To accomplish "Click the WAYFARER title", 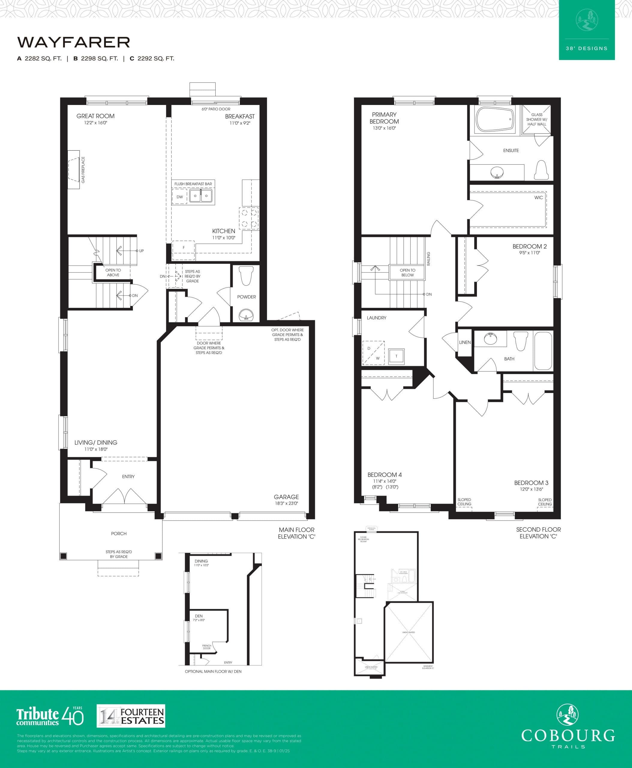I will click(73, 42).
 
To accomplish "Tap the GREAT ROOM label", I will click(95, 116).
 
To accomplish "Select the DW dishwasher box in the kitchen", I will click(179, 196).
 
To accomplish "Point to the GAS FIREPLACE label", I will click(83, 170).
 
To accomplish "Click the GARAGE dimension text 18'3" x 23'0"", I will click(286, 503).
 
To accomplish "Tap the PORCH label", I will click(119, 533).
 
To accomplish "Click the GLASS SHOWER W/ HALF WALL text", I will click(537, 119).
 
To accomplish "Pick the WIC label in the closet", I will click(538, 197).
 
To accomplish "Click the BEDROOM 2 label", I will click(529, 247).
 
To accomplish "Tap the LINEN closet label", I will click(465, 342).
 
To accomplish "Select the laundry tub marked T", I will click(396, 356).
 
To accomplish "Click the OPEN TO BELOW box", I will click(407, 272).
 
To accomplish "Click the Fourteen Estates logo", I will click(131, 715).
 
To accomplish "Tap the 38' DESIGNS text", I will click(586, 48).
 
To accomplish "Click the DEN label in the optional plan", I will click(199, 616).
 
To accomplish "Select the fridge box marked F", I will click(184, 247).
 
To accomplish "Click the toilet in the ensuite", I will click(541, 170).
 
